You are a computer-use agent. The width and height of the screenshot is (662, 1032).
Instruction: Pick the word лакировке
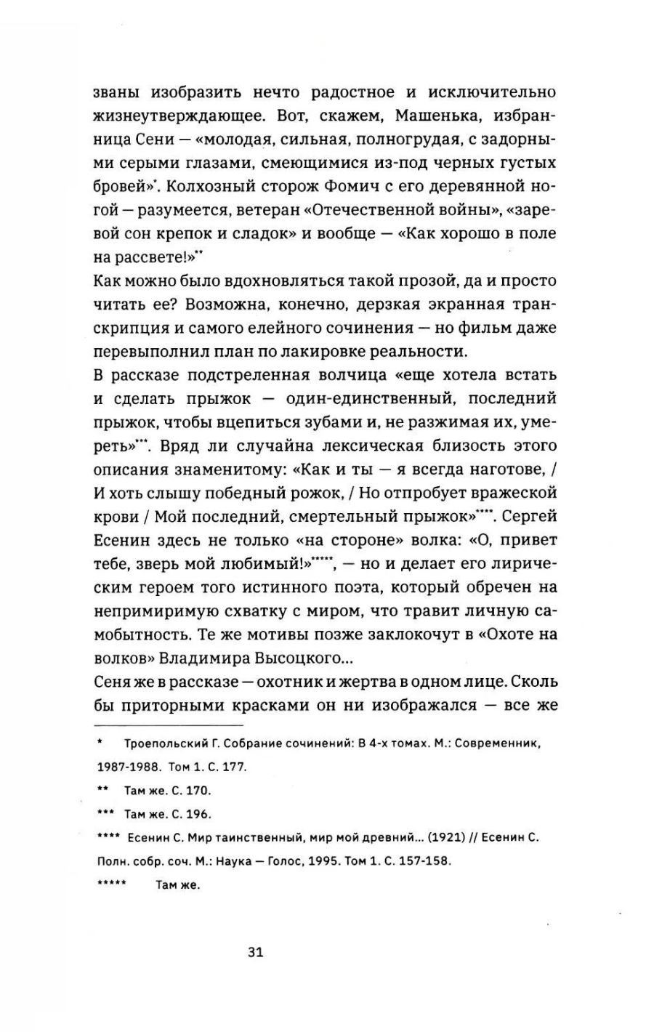click(x=406, y=351)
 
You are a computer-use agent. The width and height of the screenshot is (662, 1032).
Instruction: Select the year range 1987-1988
click(x=129, y=767)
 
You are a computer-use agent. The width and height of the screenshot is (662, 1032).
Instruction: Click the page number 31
click(x=254, y=953)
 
